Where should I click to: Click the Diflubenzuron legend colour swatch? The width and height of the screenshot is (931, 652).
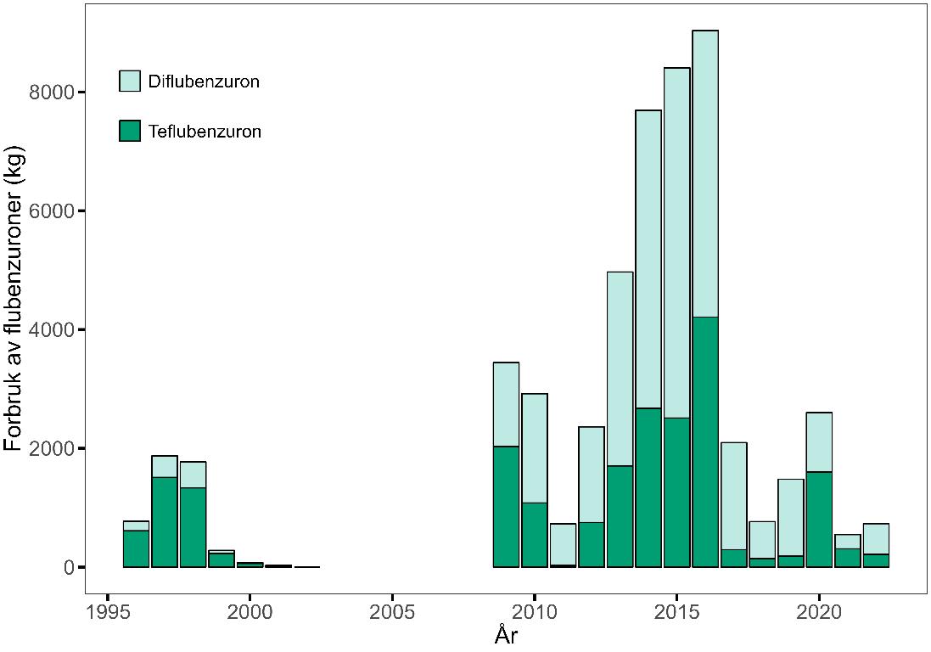tap(130, 81)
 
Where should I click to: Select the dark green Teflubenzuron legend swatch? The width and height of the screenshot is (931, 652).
tap(130, 132)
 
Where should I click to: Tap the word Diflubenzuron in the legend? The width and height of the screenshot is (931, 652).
tap(204, 82)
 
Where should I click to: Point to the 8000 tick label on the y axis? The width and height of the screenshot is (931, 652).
tap(52, 92)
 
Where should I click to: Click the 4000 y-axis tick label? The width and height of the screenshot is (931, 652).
tap(52, 329)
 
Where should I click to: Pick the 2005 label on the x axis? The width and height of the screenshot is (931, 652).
tap(392, 612)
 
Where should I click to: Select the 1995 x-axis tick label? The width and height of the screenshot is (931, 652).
tap(107, 612)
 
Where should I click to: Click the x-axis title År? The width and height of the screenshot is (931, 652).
tap(506, 635)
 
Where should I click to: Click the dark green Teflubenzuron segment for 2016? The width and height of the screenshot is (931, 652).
tap(705, 441)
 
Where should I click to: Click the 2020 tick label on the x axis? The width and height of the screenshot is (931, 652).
tap(819, 612)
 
